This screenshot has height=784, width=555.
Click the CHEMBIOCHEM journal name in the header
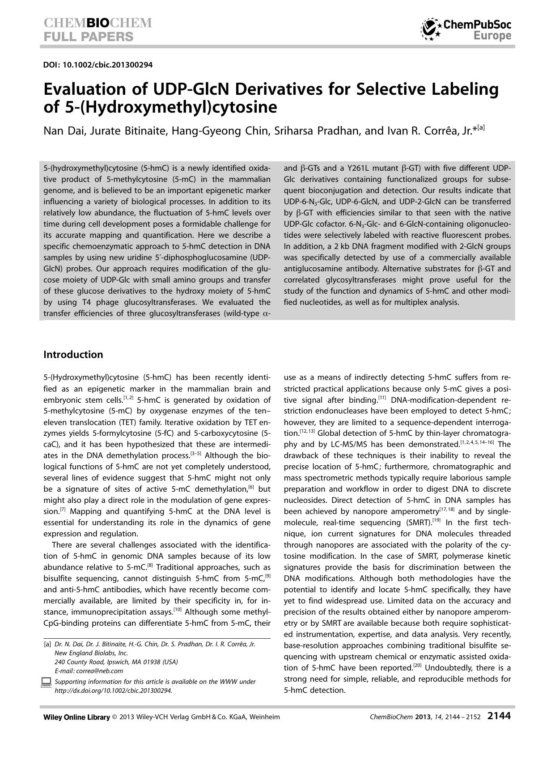point(97,23)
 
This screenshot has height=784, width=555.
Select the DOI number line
point(98,65)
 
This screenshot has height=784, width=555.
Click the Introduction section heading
point(73,354)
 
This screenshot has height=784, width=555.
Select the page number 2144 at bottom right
point(499,716)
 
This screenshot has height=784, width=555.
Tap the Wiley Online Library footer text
point(76,717)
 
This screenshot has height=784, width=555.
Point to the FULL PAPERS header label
point(88,37)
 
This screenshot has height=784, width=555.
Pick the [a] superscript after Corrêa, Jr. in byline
point(480,128)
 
